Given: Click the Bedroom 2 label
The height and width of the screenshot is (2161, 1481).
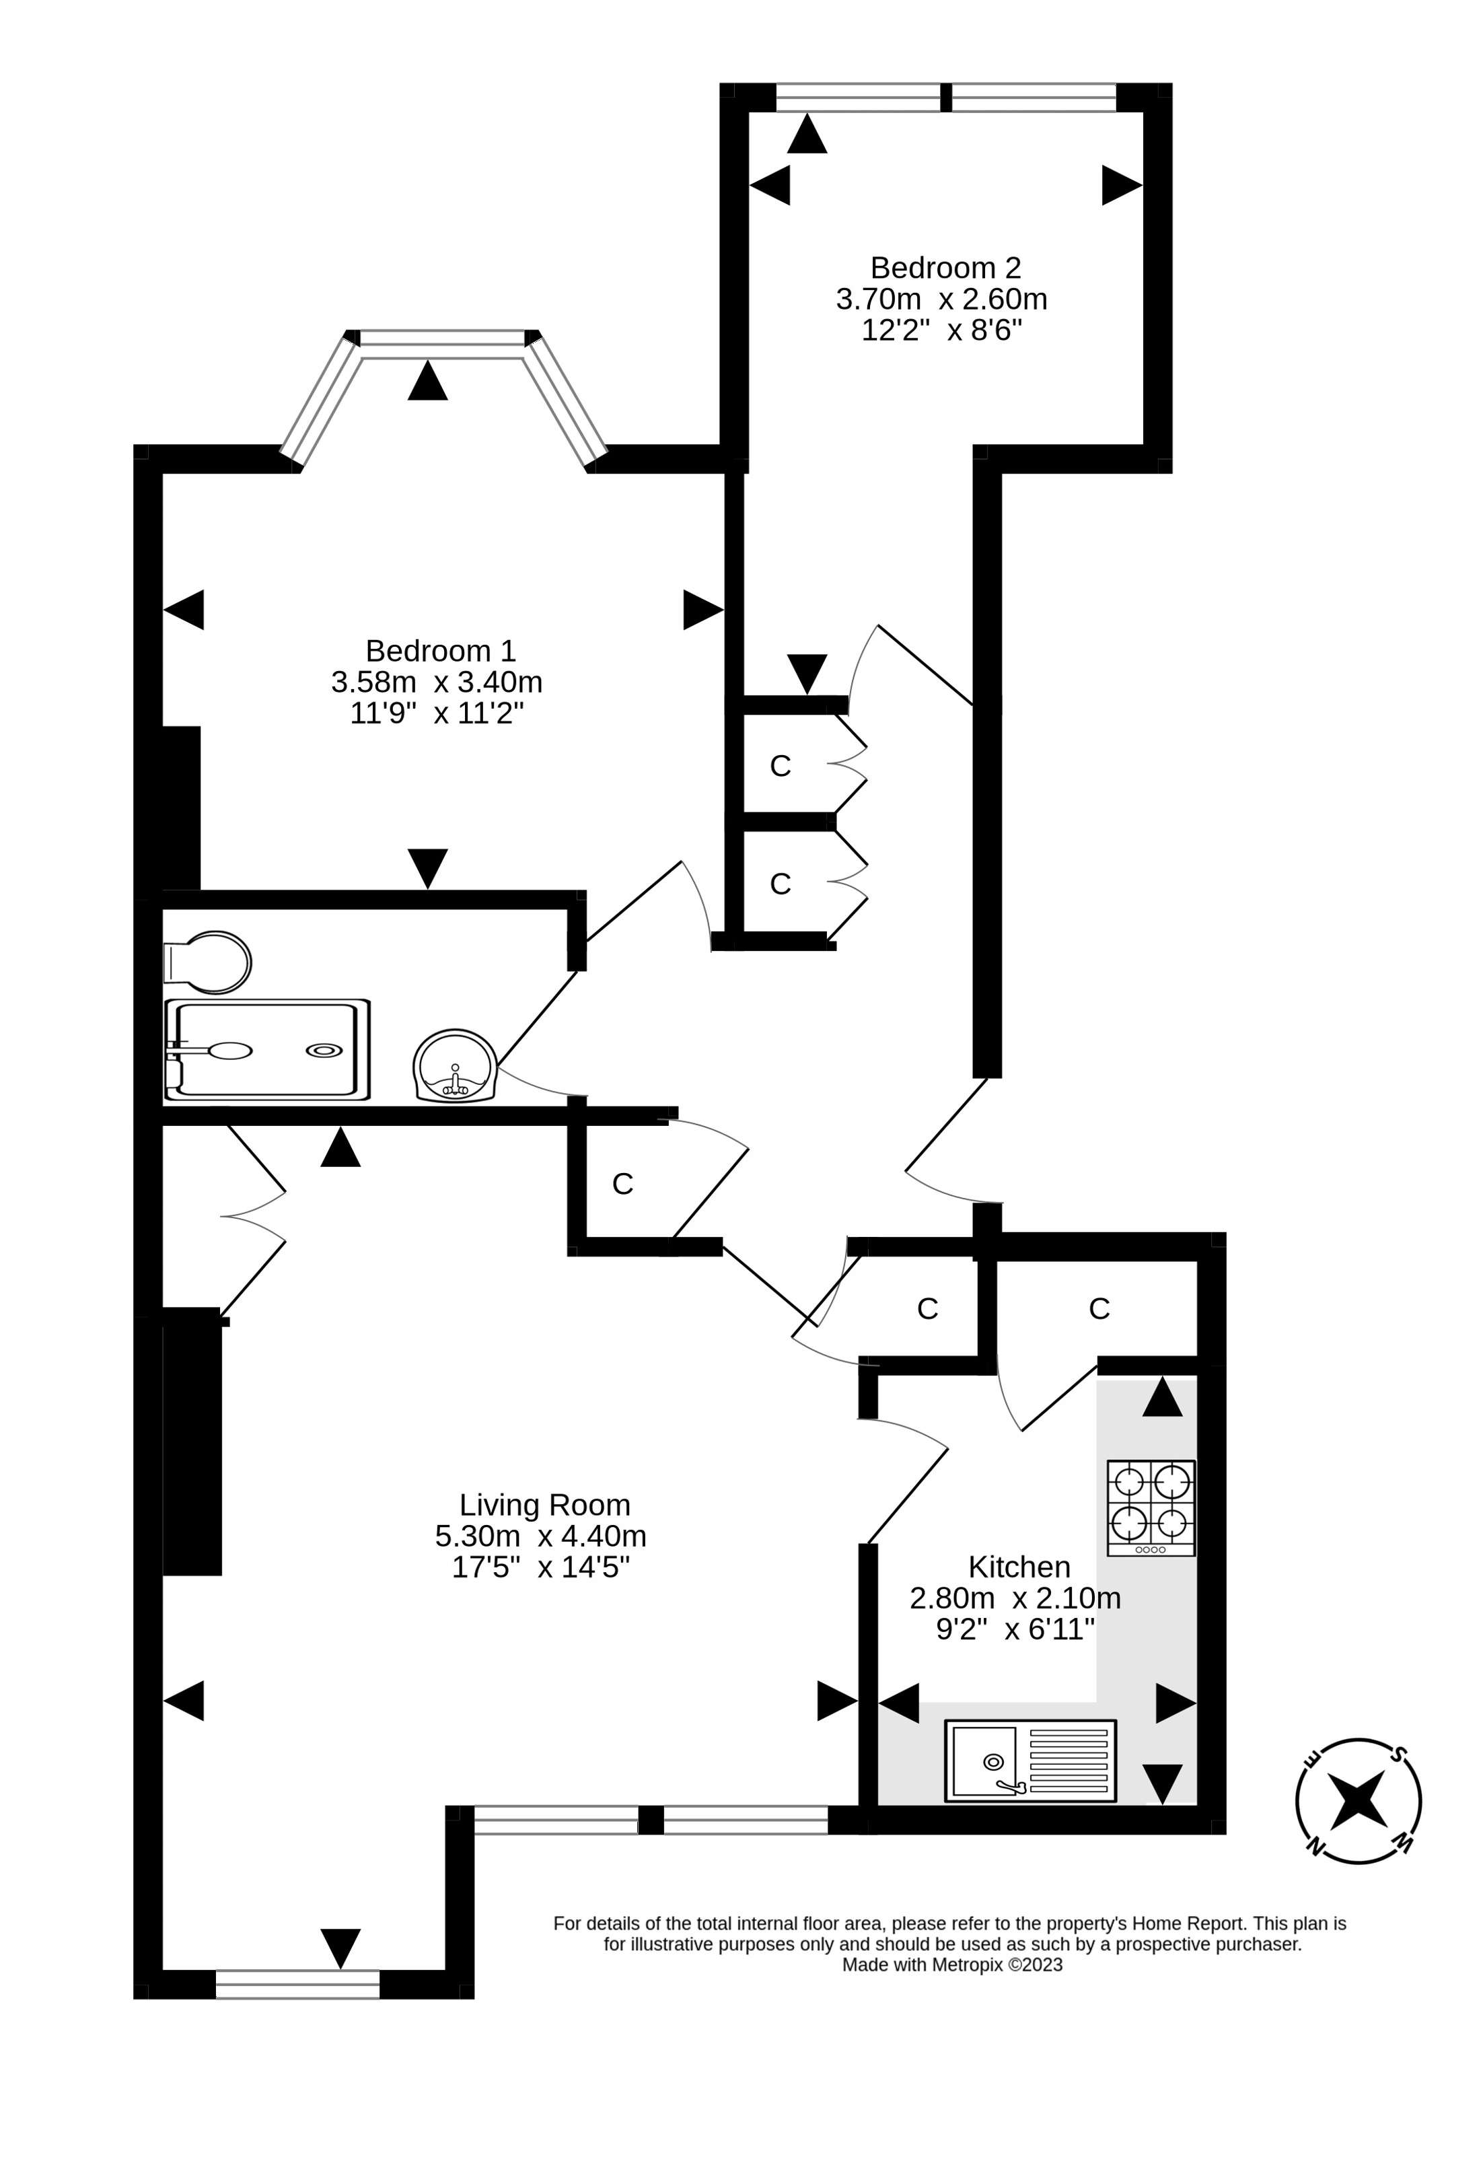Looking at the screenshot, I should [x=945, y=268].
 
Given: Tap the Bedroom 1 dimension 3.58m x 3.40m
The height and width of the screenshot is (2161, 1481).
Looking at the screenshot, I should [x=436, y=682].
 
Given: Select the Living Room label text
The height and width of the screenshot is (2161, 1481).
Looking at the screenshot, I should [x=544, y=1505].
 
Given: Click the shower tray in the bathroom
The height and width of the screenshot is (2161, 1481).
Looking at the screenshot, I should [x=268, y=1050].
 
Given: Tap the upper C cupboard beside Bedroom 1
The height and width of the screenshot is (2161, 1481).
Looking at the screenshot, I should [x=780, y=765].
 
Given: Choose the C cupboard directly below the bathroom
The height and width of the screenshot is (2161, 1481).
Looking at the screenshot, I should [x=622, y=1184].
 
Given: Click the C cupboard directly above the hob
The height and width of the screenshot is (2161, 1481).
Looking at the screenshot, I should [x=1099, y=1308].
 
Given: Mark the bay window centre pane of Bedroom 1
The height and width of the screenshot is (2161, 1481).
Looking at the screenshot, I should [x=443, y=338].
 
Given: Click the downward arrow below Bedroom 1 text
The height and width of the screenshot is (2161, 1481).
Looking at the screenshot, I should [x=428, y=867].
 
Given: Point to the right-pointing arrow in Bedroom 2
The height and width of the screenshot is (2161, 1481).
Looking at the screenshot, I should [x=1121, y=185].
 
